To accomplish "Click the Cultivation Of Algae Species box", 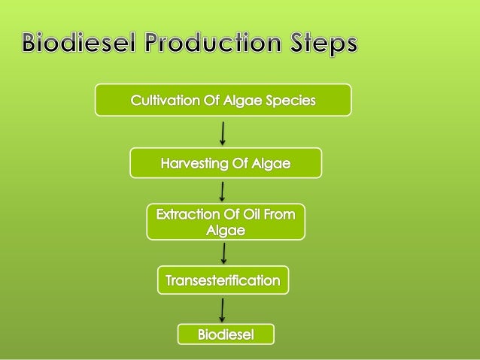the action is pos(223,100).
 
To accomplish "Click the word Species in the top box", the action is pos(290,100).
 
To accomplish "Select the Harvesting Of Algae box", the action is pos(226,163).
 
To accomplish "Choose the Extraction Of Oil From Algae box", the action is pos(226,222).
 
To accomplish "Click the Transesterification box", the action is pos(223,281).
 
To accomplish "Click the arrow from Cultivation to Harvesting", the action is pos(223,132).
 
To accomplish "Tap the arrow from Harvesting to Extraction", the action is pos(223,191).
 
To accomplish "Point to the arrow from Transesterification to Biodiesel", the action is pos(223,309).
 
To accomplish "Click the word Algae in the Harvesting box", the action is pos(269,163).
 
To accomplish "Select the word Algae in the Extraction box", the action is pos(226,231).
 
